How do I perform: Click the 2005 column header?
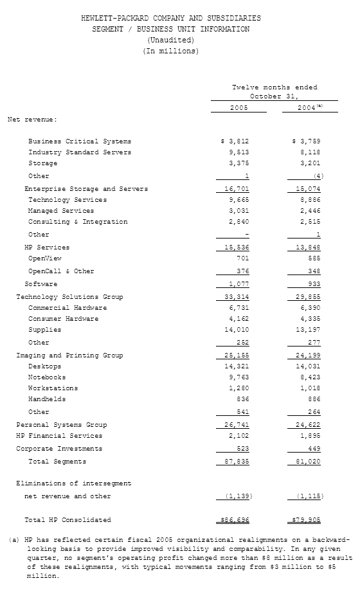pos(239,107)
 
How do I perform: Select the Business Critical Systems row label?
pos(80,141)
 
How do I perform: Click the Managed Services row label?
pos(61,211)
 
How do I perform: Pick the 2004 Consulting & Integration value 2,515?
pos(309,222)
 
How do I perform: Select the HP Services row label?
pos(47,248)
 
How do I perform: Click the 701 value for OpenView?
pos(242,258)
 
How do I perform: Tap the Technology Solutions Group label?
pos(69,297)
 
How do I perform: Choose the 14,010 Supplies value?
pos(236,330)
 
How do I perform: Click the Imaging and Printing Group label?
pos(69,355)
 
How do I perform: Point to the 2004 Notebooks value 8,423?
pos(309,377)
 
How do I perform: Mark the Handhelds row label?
pos(47,399)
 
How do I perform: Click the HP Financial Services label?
pos(59,436)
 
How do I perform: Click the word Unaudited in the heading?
pos(170,40)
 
